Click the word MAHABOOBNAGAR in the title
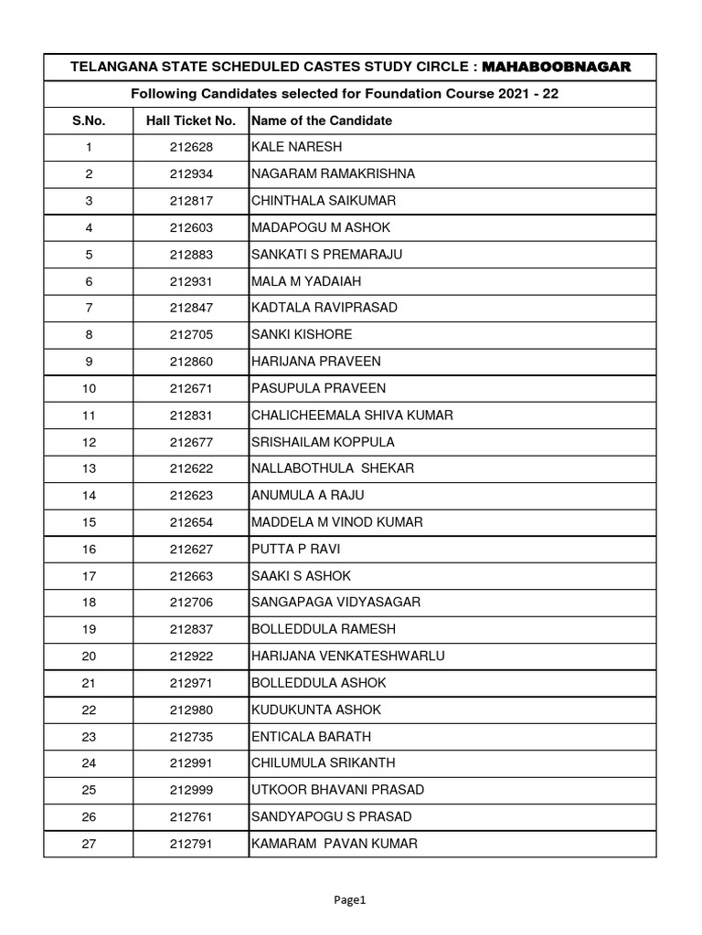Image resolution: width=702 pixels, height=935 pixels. tap(556, 68)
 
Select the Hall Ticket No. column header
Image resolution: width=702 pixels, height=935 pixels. tap(190, 121)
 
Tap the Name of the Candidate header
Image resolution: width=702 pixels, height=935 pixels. tap(322, 121)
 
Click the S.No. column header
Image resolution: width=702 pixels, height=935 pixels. tap(89, 121)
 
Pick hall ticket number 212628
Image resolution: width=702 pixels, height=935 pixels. tap(190, 147)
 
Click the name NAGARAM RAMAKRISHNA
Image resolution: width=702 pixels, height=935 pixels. tap(333, 173)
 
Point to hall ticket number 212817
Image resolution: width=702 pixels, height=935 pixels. tap(190, 201)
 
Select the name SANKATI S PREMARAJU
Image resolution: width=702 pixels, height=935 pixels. tap(326, 255)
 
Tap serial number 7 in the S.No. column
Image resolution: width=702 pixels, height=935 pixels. tap(89, 308)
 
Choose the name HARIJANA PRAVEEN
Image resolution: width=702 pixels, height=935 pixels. tap(316, 362)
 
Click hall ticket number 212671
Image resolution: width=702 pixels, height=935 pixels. tap(190, 388)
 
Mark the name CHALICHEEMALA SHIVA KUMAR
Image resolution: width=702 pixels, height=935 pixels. tap(352, 415)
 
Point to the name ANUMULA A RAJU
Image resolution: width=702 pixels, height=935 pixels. tap(307, 496)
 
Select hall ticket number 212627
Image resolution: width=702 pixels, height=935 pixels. tap(190, 550)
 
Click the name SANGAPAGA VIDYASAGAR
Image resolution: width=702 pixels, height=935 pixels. tap(335, 603)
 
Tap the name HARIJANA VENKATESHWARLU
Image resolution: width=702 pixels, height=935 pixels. tap(348, 657)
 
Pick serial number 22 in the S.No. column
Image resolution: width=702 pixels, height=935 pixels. tap(89, 710)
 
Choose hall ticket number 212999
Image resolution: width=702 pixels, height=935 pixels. tap(190, 791)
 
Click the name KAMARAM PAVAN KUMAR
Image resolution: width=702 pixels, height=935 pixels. tap(335, 845)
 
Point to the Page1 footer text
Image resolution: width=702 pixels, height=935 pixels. tap(350, 900)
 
